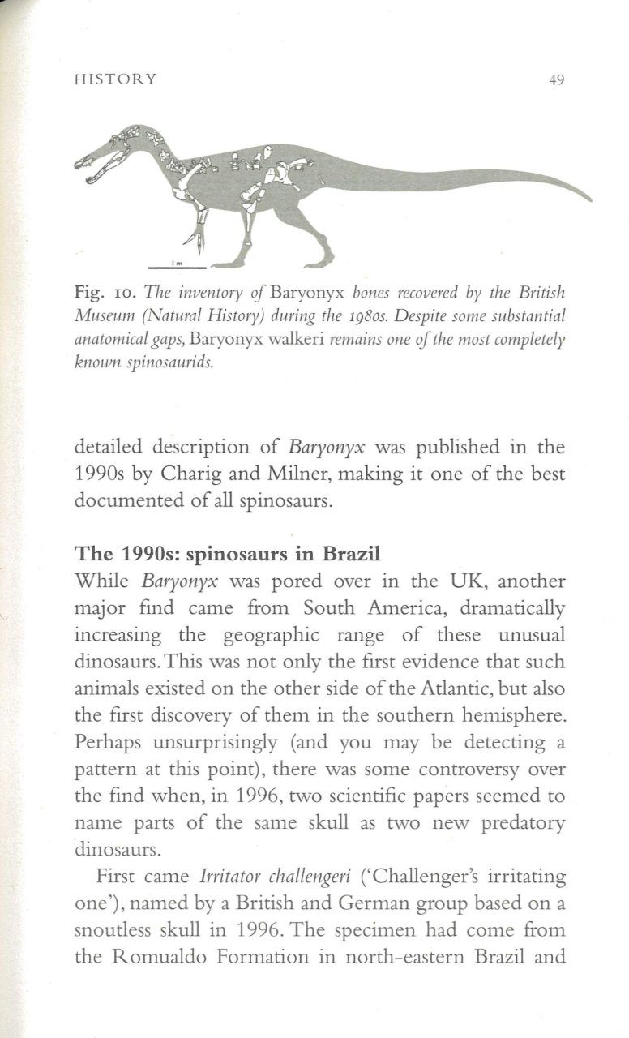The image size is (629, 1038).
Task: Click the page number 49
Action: (555, 79)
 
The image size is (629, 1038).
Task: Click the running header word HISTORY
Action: (115, 79)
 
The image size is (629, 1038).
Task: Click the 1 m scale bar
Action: (177, 265)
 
